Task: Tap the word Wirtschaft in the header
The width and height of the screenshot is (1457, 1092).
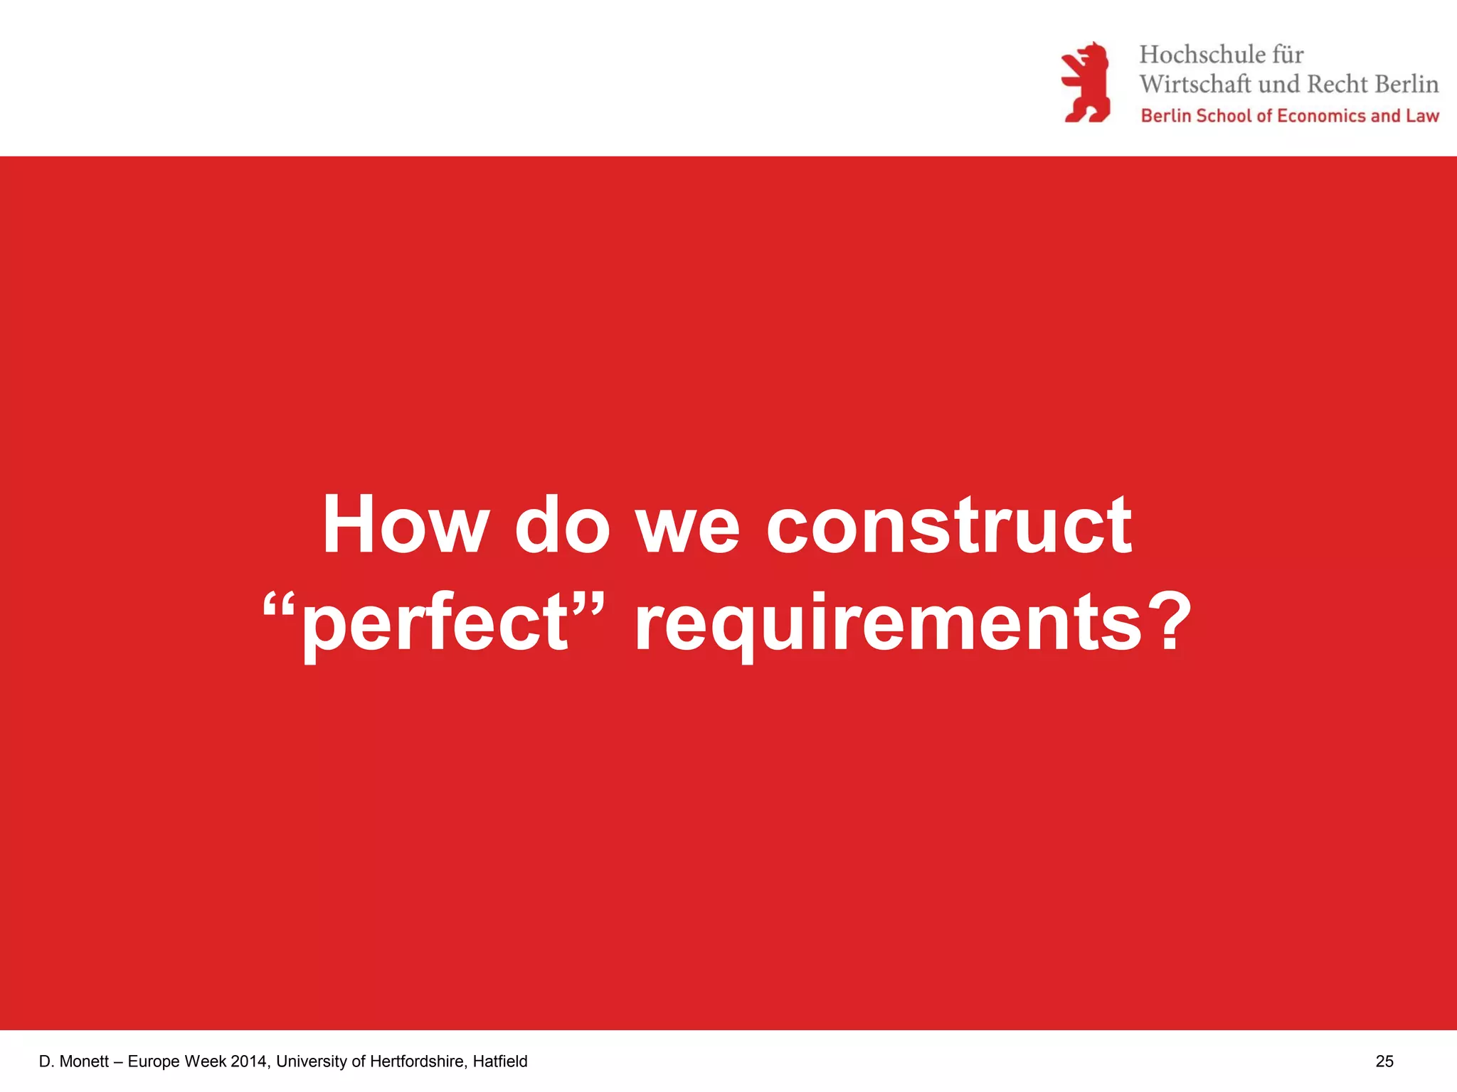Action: click(1194, 84)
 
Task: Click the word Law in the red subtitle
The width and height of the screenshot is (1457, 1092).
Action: click(1422, 116)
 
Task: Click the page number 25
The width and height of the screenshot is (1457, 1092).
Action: click(1384, 1061)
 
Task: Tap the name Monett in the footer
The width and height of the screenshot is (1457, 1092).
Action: click(84, 1061)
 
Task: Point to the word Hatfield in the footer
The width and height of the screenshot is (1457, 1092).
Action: click(500, 1061)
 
